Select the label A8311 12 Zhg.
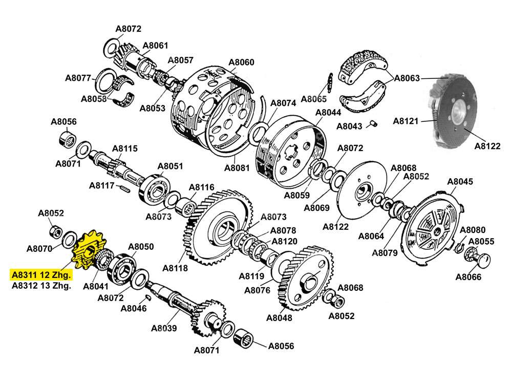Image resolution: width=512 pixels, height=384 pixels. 41,275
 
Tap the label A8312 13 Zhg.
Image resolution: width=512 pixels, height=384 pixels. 41,286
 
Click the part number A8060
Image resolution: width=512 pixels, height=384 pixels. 241,62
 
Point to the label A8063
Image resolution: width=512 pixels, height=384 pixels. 407,78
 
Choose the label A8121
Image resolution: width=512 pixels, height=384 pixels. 406,121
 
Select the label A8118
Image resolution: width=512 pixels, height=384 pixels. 175,268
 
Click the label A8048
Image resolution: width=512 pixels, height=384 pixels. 279,317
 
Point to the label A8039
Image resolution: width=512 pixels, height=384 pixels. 164,328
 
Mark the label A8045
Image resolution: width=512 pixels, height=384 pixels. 460,182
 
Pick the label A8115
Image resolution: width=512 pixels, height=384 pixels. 125,149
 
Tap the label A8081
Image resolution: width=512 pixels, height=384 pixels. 237,167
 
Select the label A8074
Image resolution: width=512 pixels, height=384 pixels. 283,102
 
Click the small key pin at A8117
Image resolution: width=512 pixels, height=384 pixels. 124,188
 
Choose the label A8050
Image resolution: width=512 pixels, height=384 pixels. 141,247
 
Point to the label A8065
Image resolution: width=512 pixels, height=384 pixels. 314,99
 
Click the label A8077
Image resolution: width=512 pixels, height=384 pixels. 78,78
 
